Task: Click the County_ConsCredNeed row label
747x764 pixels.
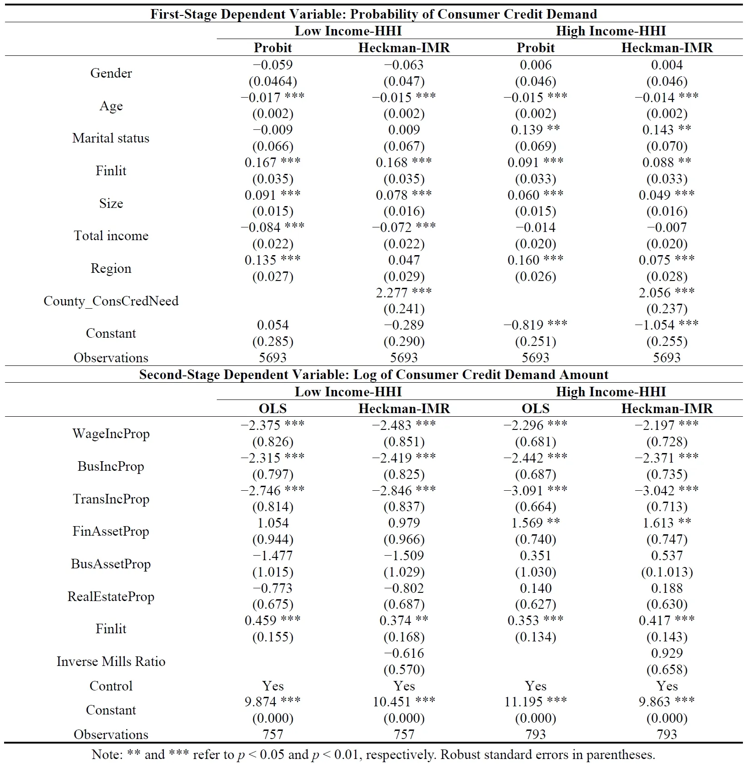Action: (111, 301)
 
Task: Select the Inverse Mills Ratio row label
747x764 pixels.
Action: (111, 661)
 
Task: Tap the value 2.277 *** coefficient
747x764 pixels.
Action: (403, 293)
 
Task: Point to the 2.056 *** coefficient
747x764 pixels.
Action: (666, 293)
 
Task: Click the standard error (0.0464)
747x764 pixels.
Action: (273, 81)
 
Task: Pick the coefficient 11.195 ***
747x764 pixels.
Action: (535, 702)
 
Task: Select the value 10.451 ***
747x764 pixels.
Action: (403, 702)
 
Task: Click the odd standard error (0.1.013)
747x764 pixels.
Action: (667, 572)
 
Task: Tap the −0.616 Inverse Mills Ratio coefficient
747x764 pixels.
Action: (404, 653)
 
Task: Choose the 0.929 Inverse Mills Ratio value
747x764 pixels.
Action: (667, 653)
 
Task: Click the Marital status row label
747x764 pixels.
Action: (111, 138)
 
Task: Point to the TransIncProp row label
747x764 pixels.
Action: (111, 499)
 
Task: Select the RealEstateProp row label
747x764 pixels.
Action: (111, 596)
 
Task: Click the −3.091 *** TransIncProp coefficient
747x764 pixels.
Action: (535, 491)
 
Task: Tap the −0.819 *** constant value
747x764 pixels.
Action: (535, 325)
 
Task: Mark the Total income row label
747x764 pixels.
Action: (111, 236)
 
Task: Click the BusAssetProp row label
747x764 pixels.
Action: (111, 564)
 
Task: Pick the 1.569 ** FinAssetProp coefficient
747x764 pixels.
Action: (535, 523)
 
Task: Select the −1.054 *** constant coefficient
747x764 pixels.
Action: (666, 325)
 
